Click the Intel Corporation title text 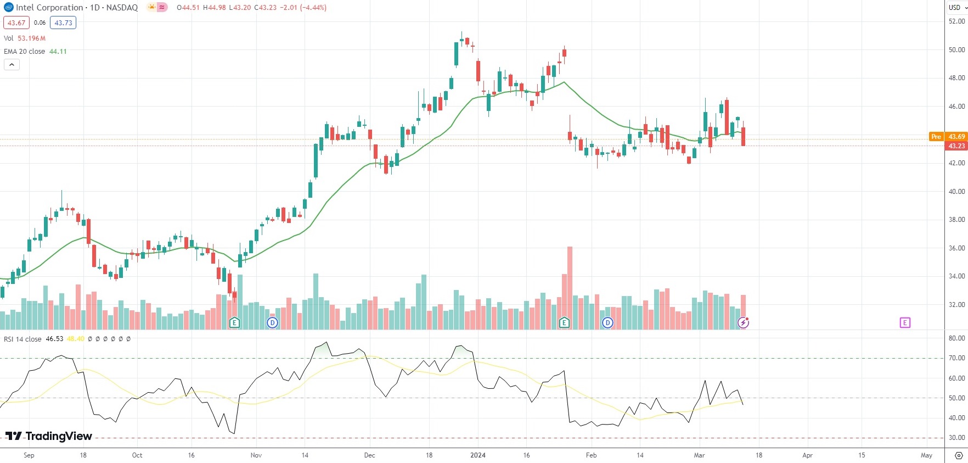(x=49, y=8)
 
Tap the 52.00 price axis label (x=956, y=21)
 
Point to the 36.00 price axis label (x=956, y=248)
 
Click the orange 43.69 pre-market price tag (x=956, y=137)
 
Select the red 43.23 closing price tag (x=956, y=146)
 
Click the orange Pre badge (x=936, y=137)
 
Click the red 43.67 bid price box (x=16, y=23)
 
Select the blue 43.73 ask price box (x=63, y=23)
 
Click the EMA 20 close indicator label (x=25, y=52)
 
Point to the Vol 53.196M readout (x=25, y=38)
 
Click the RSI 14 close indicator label (x=22, y=339)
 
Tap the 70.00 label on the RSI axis (x=956, y=358)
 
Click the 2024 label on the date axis (x=478, y=455)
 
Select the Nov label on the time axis (x=256, y=455)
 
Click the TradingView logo (x=49, y=436)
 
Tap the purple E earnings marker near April (x=905, y=323)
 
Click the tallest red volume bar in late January (x=570, y=286)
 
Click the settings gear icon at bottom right (x=959, y=455)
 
